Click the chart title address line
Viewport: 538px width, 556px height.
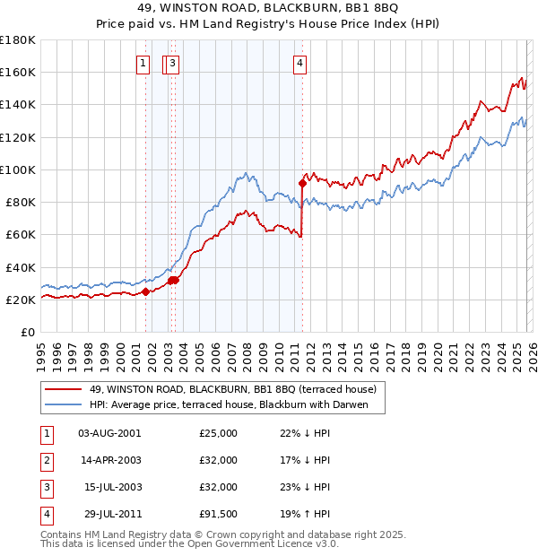click(x=269, y=10)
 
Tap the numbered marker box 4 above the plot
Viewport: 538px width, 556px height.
click(x=299, y=63)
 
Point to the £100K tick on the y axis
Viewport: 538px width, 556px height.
click(x=17, y=169)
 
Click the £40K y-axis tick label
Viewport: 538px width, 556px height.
click(x=20, y=267)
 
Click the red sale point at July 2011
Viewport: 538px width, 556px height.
click(x=303, y=183)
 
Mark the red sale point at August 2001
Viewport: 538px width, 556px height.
click(x=145, y=291)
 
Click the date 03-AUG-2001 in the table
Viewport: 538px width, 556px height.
click(x=109, y=433)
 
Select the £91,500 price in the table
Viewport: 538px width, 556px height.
click(x=219, y=514)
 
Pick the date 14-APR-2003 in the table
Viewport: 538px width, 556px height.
click(x=109, y=460)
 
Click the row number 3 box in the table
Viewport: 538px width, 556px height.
click(x=46, y=487)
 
